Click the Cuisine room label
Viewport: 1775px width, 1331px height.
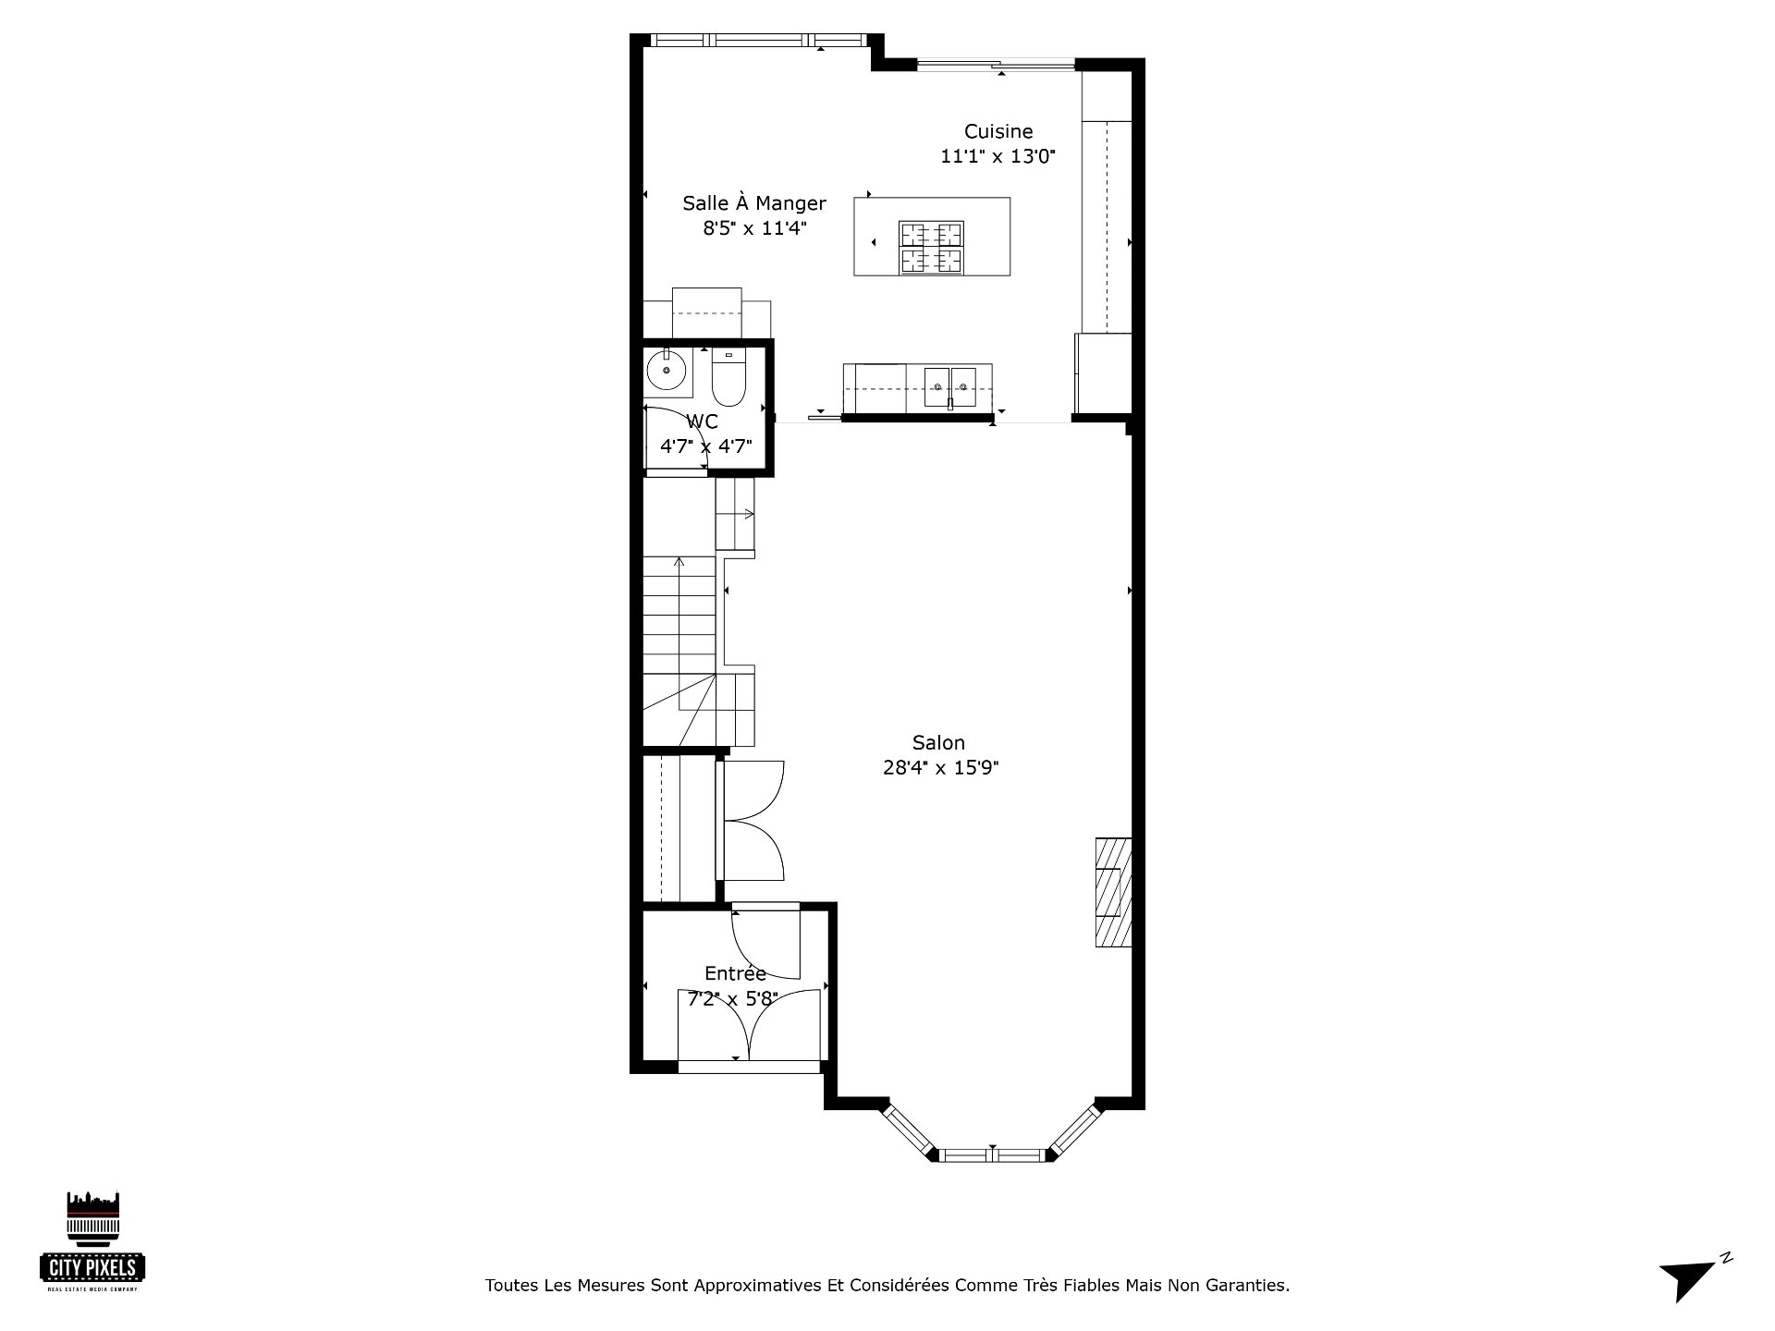(x=998, y=131)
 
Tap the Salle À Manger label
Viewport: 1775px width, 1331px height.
(x=754, y=202)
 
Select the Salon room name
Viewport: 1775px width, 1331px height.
(x=938, y=742)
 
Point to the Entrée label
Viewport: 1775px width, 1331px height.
(x=735, y=972)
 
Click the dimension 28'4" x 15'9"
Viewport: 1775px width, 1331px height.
(x=941, y=767)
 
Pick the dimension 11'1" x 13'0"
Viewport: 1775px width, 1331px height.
(x=998, y=156)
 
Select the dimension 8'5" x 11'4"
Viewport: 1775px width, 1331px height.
(x=755, y=227)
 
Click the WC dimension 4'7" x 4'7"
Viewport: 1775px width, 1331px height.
(x=705, y=446)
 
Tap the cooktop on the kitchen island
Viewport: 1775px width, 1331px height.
(x=932, y=248)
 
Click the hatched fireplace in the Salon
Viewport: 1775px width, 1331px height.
(x=1113, y=892)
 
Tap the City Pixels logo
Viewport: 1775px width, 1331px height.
(x=92, y=1241)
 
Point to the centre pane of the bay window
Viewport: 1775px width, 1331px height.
(x=992, y=1154)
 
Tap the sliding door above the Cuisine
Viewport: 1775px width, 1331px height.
(x=997, y=65)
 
